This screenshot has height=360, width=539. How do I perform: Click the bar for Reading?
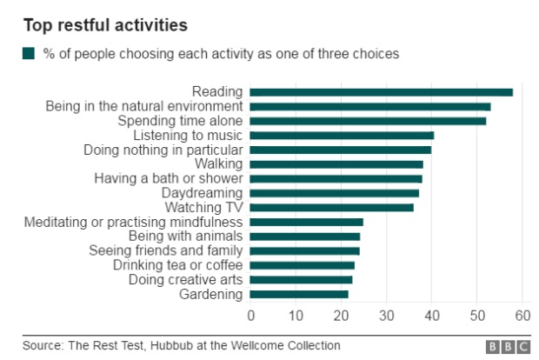[x=381, y=91]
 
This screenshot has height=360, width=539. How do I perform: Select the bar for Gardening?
[x=299, y=294]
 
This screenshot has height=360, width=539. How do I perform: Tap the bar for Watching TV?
[x=331, y=207]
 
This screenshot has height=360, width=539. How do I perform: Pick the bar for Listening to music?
[x=342, y=135]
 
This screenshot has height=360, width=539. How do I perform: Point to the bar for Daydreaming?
[x=334, y=193]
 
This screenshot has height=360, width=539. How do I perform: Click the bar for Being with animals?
[x=304, y=236]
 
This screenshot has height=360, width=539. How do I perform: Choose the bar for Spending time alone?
[x=368, y=120]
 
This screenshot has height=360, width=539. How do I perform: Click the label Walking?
[x=218, y=163]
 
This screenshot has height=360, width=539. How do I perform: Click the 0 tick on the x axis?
[x=250, y=316]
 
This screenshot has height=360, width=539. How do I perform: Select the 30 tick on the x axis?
[x=387, y=316]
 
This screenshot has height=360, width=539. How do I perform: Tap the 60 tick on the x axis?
[x=522, y=316]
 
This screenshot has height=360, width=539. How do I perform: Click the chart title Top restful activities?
[x=105, y=24]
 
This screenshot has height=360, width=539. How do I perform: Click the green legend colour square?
[x=29, y=54]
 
